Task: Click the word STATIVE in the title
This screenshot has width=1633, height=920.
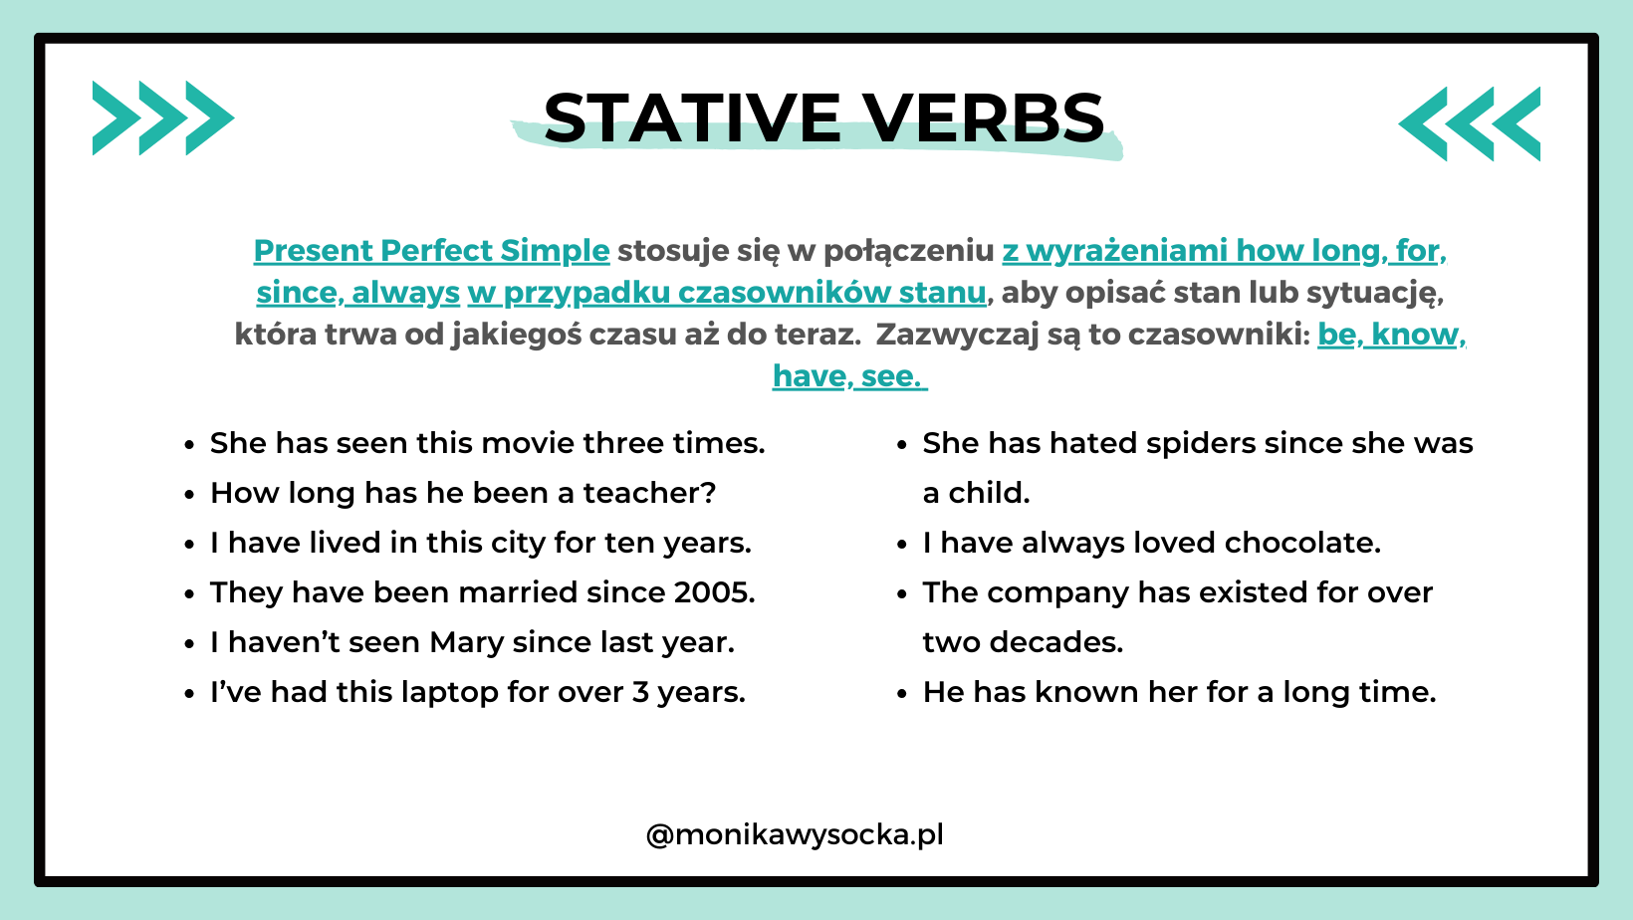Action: coord(693,118)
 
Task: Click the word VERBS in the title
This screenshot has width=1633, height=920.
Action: coord(983,118)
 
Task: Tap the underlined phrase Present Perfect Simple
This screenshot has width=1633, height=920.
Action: coord(431,251)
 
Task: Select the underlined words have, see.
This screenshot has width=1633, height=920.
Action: coord(848,376)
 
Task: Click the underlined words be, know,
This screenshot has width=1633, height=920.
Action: coord(1391,335)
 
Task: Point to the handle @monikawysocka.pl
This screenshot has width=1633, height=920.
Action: coord(795,834)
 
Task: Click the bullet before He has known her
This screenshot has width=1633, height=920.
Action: coord(902,694)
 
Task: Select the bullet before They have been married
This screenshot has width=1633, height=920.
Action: coord(189,594)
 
